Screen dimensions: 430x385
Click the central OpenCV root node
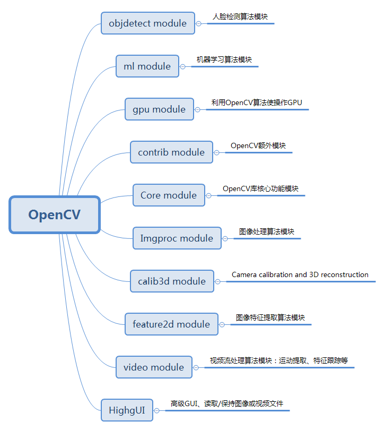55,214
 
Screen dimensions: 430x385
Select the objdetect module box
147,23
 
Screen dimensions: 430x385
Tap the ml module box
147,66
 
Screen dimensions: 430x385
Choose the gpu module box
159,109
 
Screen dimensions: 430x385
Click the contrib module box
171,152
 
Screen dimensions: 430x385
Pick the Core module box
169,195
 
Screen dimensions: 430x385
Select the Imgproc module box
177,238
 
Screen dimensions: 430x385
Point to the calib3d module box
172,281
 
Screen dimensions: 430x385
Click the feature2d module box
171,324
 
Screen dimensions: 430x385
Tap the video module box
154,367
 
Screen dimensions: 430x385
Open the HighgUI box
127,410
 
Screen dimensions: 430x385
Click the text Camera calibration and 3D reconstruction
300,275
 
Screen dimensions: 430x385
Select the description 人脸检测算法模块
240,16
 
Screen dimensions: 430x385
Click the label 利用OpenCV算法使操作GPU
257,102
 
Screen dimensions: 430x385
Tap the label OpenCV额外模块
258,145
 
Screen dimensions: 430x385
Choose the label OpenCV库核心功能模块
260,188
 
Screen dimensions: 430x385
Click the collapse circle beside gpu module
198,109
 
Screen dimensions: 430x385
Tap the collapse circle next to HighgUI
157,410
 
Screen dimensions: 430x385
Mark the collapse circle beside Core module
208,195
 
